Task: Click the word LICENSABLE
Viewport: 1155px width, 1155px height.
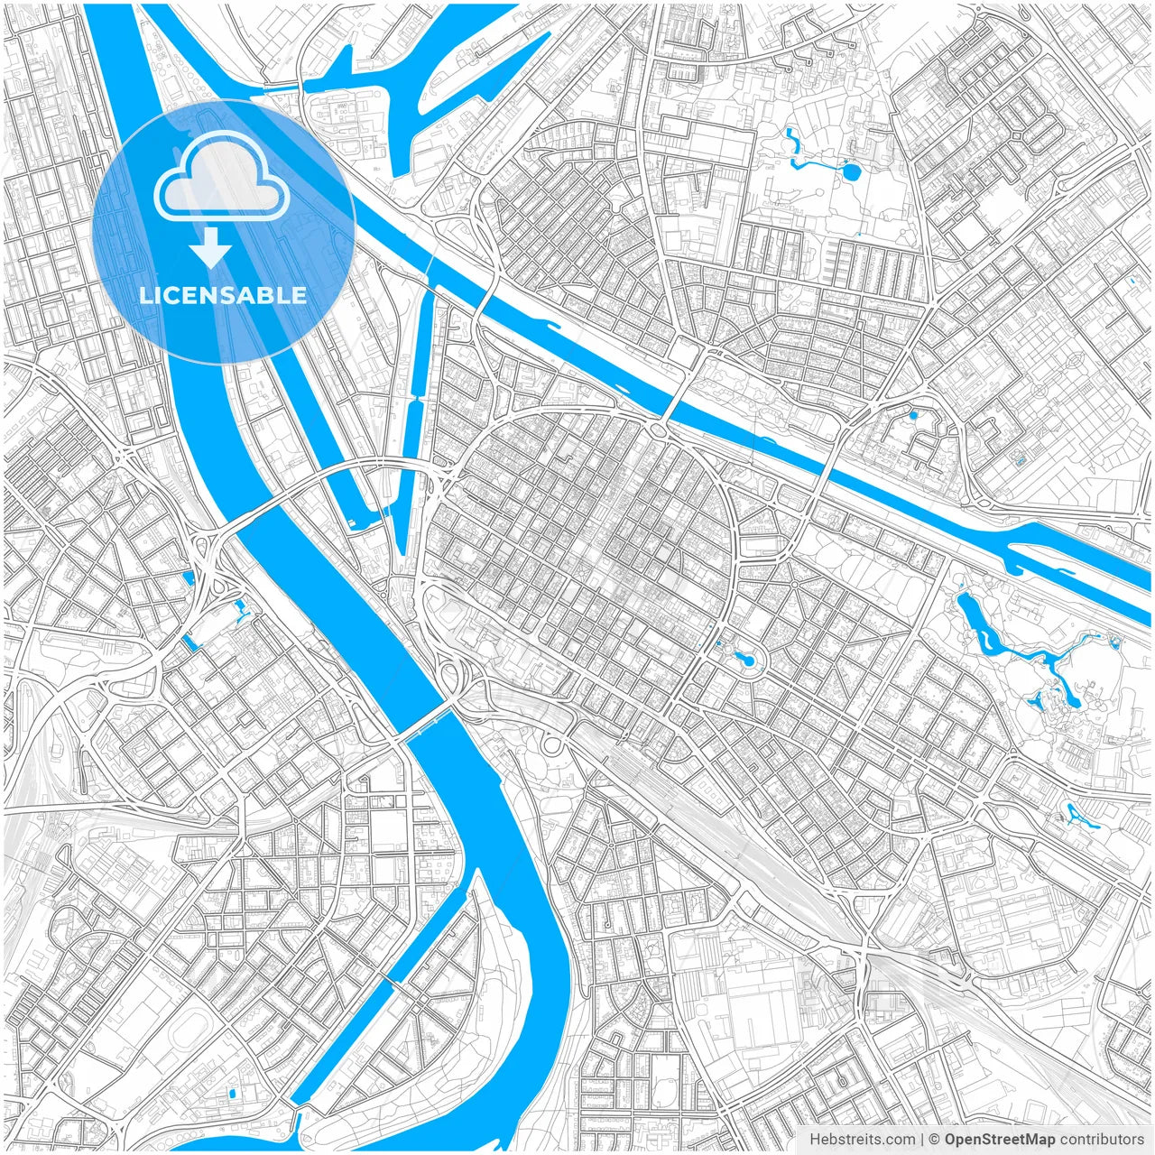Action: (x=223, y=296)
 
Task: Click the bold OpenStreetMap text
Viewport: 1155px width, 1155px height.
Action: (x=1000, y=1140)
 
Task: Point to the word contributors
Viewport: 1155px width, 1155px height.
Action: (x=1102, y=1140)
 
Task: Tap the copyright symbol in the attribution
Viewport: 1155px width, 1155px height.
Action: (x=936, y=1140)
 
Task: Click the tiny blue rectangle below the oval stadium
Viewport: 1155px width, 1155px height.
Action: (x=232, y=1094)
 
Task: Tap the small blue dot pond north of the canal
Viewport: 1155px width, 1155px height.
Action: (x=913, y=416)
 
